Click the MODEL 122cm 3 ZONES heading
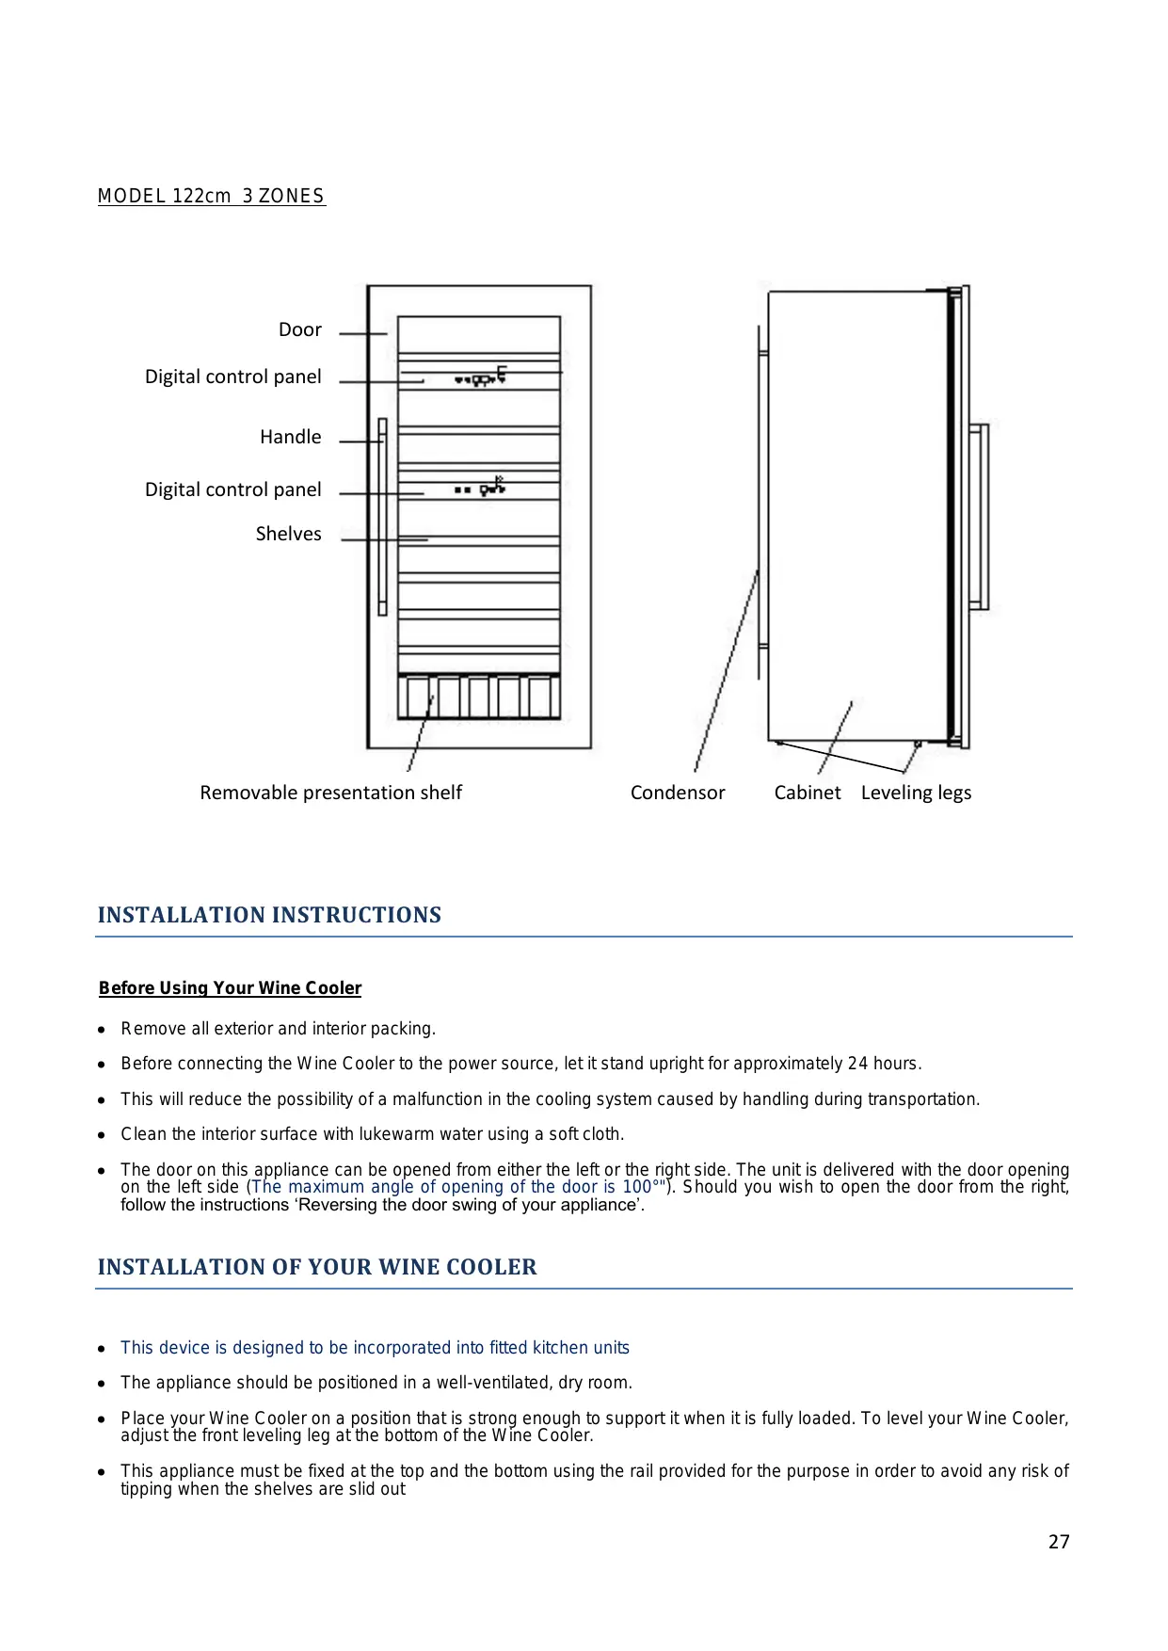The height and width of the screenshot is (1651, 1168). [x=211, y=196]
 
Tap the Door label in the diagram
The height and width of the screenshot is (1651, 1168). [x=299, y=329]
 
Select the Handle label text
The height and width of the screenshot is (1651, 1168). [x=290, y=437]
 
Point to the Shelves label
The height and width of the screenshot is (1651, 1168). [x=288, y=534]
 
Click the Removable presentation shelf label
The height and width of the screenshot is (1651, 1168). [x=330, y=793]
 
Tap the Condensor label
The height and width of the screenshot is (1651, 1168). [x=678, y=793]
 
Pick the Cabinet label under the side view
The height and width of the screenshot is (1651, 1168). [x=808, y=793]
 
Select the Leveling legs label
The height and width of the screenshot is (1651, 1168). [x=916, y=793]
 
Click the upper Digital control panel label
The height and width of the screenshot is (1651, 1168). [x=232, y=377]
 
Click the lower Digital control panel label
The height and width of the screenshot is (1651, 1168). [x=232, y=489]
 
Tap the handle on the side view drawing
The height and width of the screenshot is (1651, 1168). [x=980, y=516]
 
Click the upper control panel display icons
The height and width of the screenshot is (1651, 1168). [x=481, y=377]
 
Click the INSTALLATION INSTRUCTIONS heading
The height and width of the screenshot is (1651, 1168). [x=269, y=915]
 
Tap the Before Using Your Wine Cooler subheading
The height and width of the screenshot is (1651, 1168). [x=230, y=987]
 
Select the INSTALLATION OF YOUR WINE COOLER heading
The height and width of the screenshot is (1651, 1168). [x=317, y=1267]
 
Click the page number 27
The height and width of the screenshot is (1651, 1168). [x=1059, y=1542]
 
